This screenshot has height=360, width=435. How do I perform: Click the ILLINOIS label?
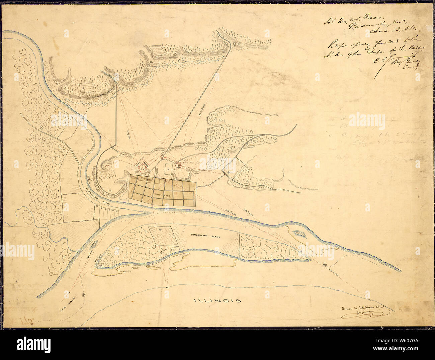point(218,300)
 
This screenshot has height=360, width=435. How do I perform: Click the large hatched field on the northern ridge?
point(157,51)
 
